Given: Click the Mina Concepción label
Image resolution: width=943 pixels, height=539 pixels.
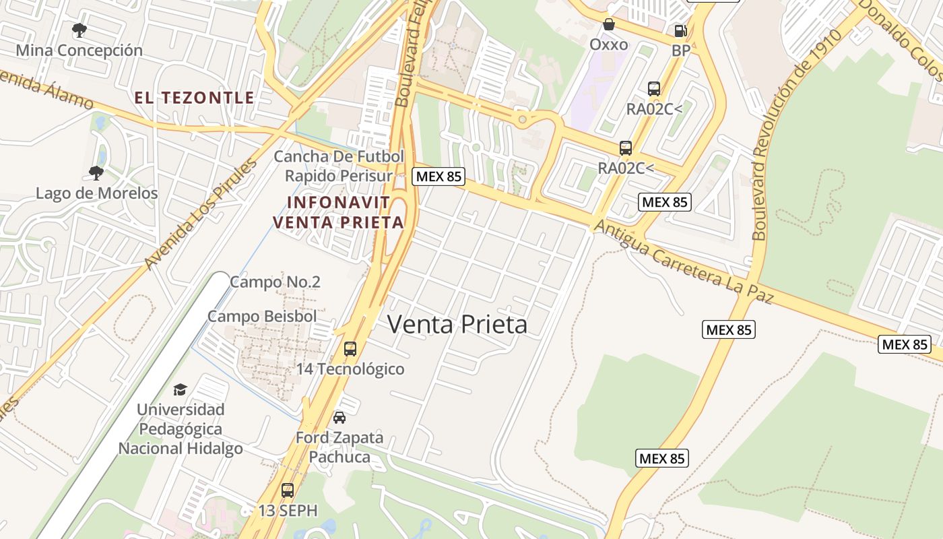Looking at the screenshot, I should point(79,51).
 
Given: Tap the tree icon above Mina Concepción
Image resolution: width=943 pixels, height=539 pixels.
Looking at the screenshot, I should point(79,30).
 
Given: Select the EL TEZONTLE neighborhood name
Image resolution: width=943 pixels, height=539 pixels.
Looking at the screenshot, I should point(194,98).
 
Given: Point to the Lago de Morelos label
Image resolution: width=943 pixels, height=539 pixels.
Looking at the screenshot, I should point(96,193).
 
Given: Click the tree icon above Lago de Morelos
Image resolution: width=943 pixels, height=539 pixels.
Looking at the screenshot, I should point(96,172).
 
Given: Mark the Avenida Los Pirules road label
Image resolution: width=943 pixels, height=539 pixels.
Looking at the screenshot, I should point(201,214).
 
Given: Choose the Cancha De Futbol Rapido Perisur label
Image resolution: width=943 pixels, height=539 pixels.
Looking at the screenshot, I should point(339,166).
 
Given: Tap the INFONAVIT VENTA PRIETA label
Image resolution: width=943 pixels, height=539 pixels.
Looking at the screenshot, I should point(338,212).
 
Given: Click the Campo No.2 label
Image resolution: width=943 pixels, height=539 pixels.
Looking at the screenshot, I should point(275,282).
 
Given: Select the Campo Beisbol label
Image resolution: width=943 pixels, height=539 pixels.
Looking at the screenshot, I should point(261,316).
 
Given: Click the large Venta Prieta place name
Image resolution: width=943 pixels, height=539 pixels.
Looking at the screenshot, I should point(457,325).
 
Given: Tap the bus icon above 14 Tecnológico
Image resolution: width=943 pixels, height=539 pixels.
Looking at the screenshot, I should point(350,349).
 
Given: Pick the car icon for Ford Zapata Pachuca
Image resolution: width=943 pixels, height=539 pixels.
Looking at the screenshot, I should point(339,417).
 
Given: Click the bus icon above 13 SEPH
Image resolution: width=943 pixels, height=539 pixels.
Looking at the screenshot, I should point(288,490).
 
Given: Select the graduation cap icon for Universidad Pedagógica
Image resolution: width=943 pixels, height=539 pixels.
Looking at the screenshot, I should point(180,389).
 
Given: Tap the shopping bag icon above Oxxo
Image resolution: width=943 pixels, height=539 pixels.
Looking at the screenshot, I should point(609,25).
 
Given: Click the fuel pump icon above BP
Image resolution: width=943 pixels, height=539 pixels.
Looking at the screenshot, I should point(680,30).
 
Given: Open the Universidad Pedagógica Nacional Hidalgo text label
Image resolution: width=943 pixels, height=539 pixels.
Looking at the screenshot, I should point(181,429).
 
